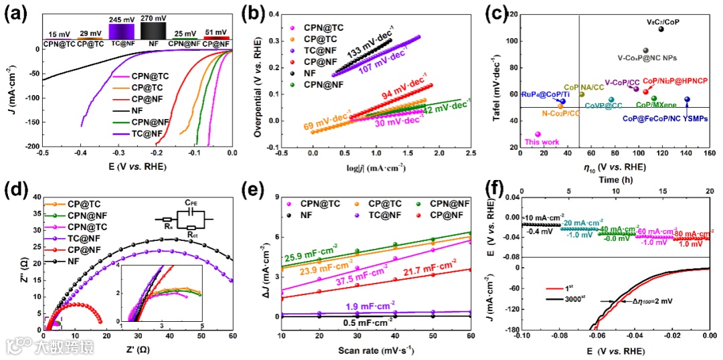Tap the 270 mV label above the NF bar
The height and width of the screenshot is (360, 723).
pyautogui.click(x=153, y=19)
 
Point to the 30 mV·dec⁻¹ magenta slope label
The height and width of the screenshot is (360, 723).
pyautogui.click(x=396, y=123)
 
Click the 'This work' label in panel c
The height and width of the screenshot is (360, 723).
pyautogui.click(x=542, y=142)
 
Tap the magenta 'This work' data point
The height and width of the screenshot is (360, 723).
pyautogui.click(x=538, y=134)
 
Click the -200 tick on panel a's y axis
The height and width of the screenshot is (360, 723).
pyautogui.click(x=28, y=147)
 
